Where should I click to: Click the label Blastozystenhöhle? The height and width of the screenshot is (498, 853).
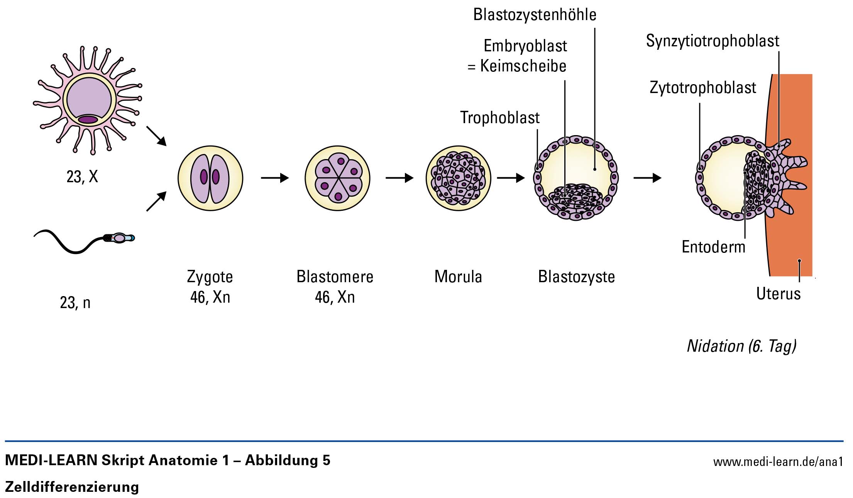pos(535,15)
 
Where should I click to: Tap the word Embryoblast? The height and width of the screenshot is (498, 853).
pos(525,46)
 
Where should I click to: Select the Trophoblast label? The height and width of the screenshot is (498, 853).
pos(500,118)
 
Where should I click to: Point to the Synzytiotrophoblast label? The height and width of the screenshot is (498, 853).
pos(713,41)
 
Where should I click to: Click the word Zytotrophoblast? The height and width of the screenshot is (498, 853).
pos(702,88)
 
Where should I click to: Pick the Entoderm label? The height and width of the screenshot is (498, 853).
pos(713,247)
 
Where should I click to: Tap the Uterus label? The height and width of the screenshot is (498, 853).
pos(778,294)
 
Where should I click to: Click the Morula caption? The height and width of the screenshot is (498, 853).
pos(458,277)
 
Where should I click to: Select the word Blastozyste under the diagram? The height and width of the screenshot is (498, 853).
pos(576,277)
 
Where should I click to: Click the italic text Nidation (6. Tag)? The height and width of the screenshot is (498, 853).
pos(741,346)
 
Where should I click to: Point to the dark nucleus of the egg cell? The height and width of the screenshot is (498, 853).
pos(88,120)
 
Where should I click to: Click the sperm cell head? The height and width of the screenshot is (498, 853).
pos(120,238)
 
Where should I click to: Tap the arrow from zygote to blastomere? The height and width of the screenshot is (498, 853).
pos(275,178)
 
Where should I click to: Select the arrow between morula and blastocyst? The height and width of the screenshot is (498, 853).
pos(511,178)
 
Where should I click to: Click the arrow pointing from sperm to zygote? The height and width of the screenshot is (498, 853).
pos(156,202)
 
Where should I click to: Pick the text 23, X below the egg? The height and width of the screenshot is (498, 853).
pos(82,177)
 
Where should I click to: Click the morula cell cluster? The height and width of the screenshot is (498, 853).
pos(458,178)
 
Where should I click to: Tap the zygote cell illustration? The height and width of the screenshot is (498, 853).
pos(210,178)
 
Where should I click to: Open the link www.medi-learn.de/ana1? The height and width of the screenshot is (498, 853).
pos(778,462)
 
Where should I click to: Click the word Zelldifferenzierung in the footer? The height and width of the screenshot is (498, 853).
pos(72,487)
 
